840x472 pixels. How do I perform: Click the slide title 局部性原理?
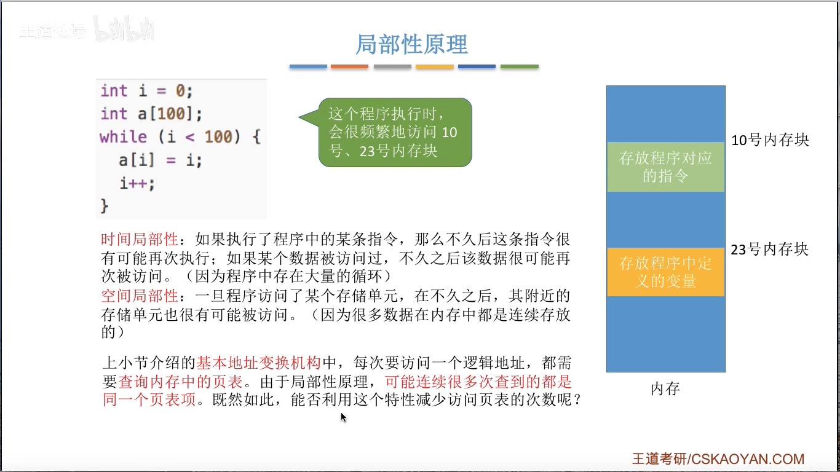click(x=412, y=44)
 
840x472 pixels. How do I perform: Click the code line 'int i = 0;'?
click(x=147, y=91)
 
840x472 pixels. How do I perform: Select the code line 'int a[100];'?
click(x=151, y=114)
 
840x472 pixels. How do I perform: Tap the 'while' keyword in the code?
click(x=123, y=136)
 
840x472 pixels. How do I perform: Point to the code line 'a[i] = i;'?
click(x=160, y=160)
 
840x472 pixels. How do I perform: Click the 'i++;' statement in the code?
click(x=138, y=183)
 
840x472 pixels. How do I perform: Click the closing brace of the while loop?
click(x=104, y=205)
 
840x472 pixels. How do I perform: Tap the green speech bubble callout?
click(x=395, y=132)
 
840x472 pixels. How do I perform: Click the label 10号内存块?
click(x=770, y=140)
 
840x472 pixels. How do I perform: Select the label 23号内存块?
click(x=770, y=250)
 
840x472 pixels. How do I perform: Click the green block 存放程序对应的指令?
click(x=665, y=167)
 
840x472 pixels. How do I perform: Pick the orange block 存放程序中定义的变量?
click(x=665, y=272)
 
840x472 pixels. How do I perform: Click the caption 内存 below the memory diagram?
click(x=665, y=389)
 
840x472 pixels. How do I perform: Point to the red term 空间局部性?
click(x=139, y=296)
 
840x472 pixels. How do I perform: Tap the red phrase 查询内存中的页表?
click(x=180, y=382)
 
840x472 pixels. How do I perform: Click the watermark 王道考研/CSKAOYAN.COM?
click(x=718, y=459)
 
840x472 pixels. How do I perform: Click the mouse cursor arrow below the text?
click(x=343, y=417)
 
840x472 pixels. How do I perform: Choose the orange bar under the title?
click(x=349, y=66)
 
